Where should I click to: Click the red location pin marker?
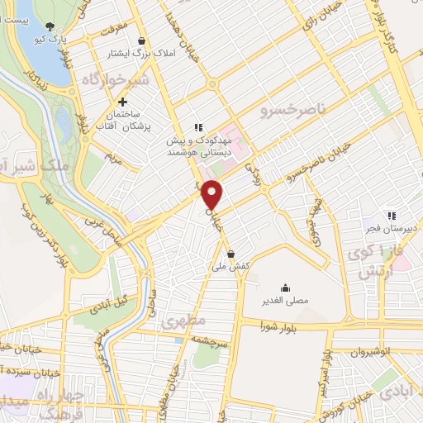click(x=212, y=193)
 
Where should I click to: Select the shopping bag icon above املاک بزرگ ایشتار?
click(x=142, y=40)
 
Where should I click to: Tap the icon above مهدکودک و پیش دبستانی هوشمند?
click(x=197, y=127)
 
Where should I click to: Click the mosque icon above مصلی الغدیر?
click(x=285, y=288)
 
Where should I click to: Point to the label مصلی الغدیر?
click(x=285, y=301)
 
